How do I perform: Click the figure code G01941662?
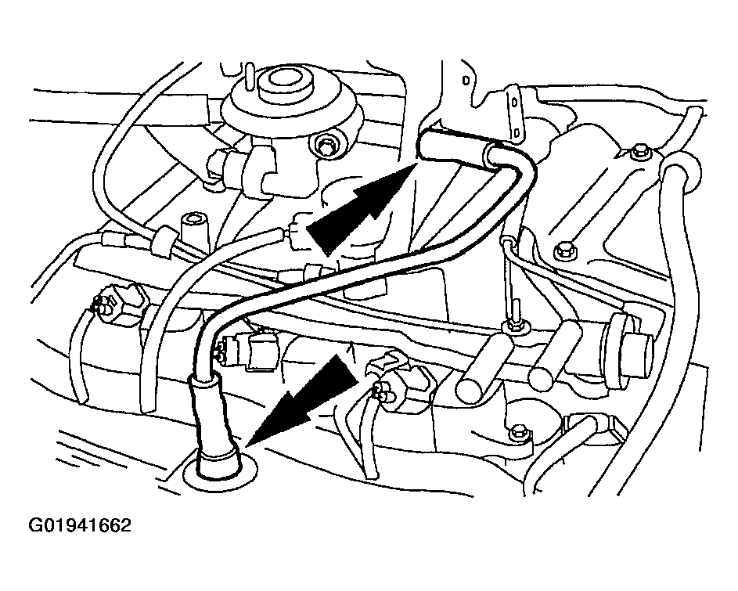tap(80, 525)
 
